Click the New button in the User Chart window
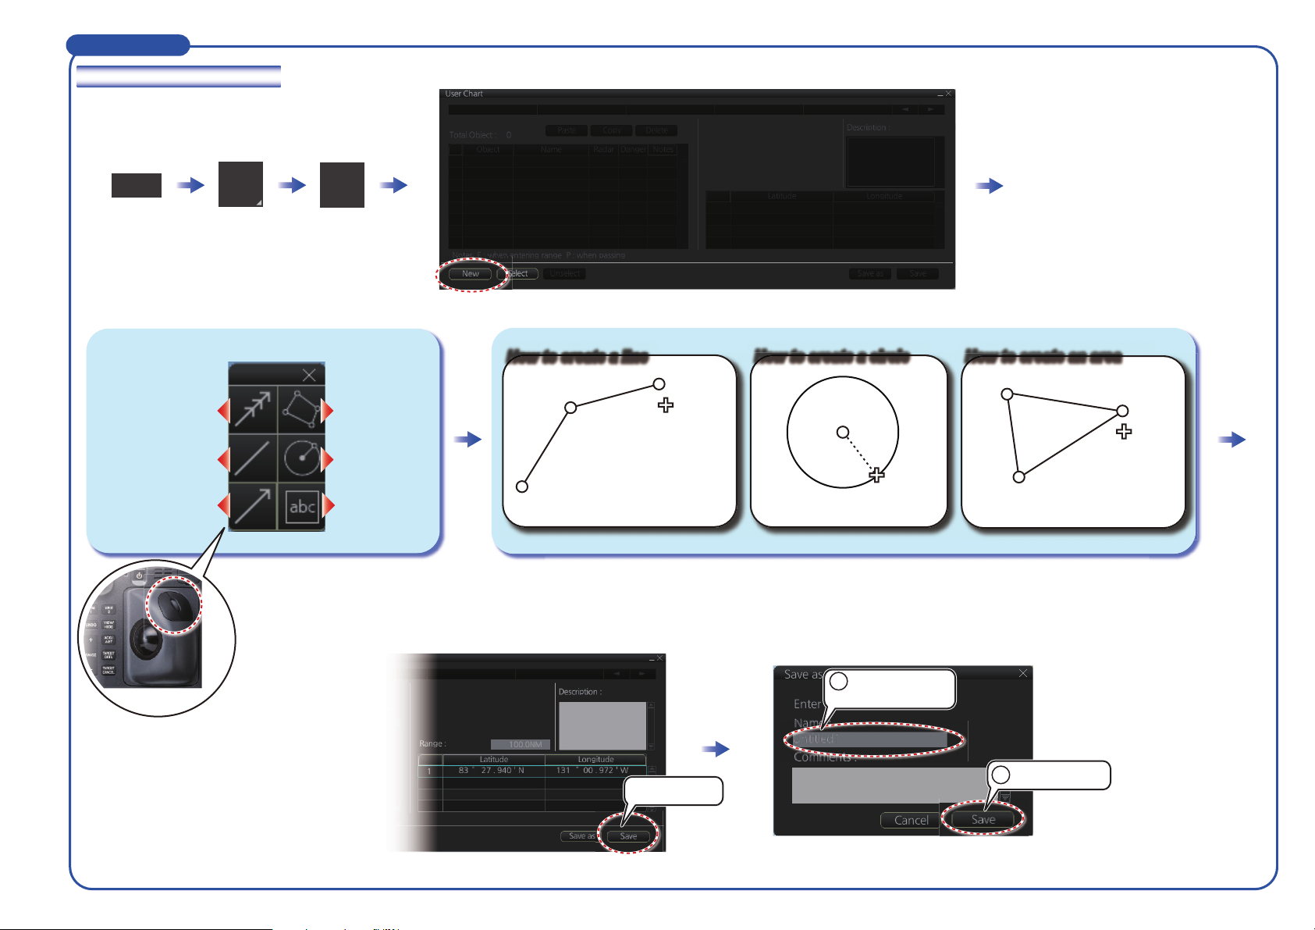click(x=470, y=274)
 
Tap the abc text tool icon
click(x=302, y=508)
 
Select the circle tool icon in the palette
click(x=302, y=458)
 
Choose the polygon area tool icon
click(x=301, y=410)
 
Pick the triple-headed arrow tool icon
click(x=252, y=410)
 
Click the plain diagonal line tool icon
click(x=252, y=458)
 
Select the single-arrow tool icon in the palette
click(x=252, y=508)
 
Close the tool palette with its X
click(x=309, y=376)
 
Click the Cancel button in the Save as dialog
click(x=911, y=820)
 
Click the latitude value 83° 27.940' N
click(x=492, y=771)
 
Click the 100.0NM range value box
click(x=521, y=744)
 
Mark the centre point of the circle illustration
click(x=843, y=432)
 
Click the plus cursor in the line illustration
click(x=666, y=404)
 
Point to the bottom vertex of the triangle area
click(x=1018, y=477)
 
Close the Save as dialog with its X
click(x=1023, y=673)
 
